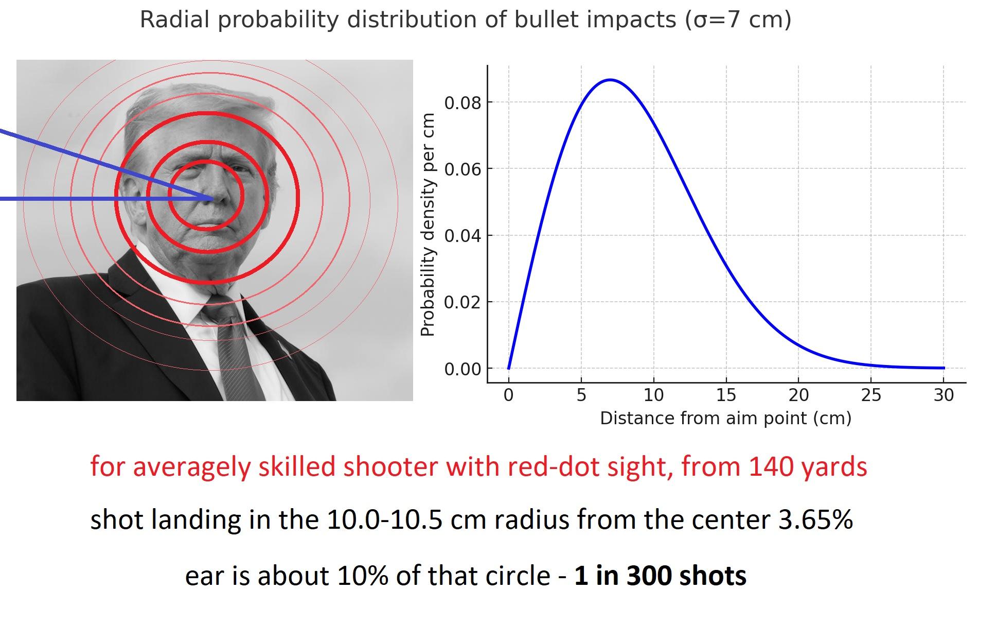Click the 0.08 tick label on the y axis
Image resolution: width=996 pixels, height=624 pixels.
point(463,103)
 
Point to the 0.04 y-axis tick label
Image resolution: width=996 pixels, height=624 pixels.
point(463,236)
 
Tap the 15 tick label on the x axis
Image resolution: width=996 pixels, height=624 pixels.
point(726,395)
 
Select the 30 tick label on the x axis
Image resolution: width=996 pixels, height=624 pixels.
point(944,395)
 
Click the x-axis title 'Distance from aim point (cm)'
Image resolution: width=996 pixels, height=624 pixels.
point(725,418)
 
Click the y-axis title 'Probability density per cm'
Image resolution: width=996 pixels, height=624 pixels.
point(428,224)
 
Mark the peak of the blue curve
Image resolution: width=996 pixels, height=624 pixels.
point(610,80)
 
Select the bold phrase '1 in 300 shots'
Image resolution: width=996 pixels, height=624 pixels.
point(660,575)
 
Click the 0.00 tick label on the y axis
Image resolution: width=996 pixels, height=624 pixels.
point(463,369)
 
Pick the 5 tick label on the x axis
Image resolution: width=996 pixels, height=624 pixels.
point(581,395)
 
